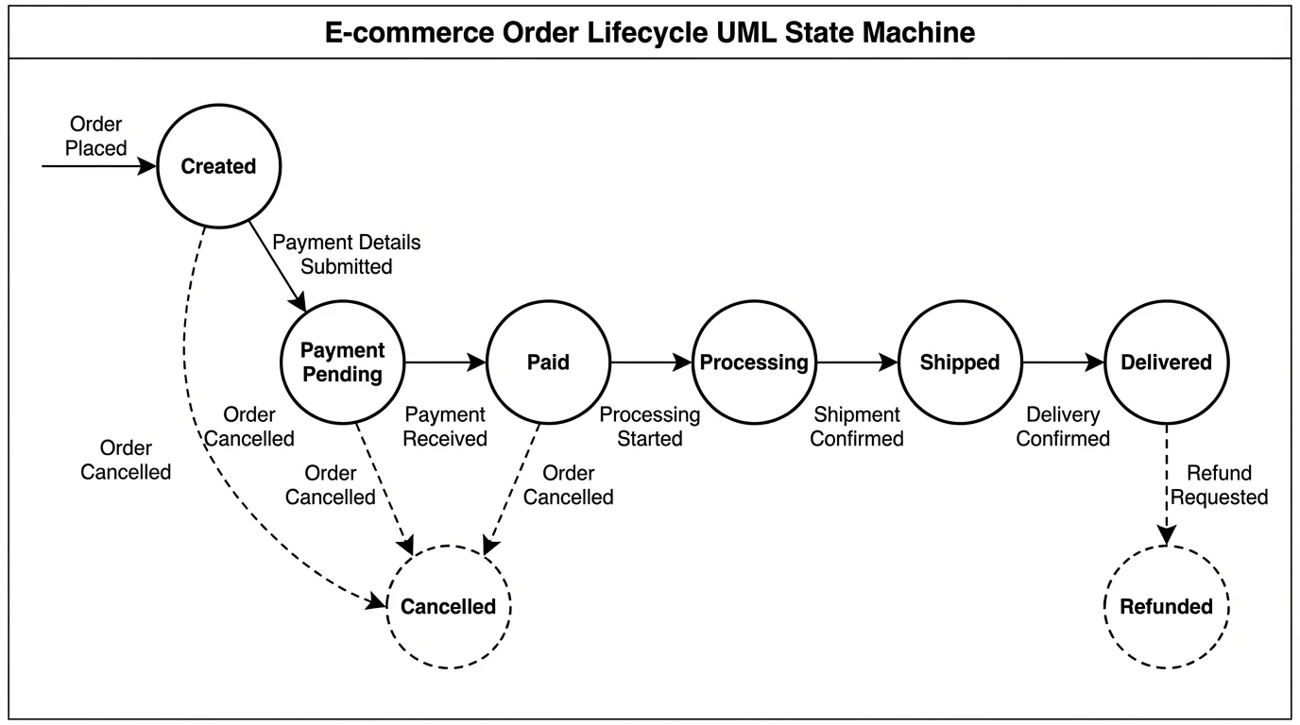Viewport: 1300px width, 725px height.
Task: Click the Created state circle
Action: (x=218, y=166)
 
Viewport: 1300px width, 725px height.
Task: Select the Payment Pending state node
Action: (x=343, y=362)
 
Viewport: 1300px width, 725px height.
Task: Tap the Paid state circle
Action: (x=548, y=362)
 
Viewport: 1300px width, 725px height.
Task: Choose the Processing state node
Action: (x=754, y=362)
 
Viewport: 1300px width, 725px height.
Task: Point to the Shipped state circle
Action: (x=960, y=362)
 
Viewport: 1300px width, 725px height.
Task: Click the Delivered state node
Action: (x=1166, y=362)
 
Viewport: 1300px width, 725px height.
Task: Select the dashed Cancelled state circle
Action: (x=448, y=607)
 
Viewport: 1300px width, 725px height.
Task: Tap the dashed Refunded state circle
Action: (x=1166, y=607)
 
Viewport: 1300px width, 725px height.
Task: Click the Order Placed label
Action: (x=95, y=137)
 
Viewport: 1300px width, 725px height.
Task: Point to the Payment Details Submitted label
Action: (x=346, y=255)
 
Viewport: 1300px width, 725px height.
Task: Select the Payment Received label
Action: (x=445, y=427)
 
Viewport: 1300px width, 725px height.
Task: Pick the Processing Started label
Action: (x=650, y=427)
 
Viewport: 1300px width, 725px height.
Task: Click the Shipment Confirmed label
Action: (x=857, y=427)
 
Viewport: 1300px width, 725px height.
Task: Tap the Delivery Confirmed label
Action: (x=1063, y=427)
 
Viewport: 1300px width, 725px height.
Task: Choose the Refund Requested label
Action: (x=1225, y=485)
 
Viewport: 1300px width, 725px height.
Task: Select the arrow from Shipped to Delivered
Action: (x=1063, y=362)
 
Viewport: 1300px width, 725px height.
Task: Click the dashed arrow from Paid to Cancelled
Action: (x=513, y=486)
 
